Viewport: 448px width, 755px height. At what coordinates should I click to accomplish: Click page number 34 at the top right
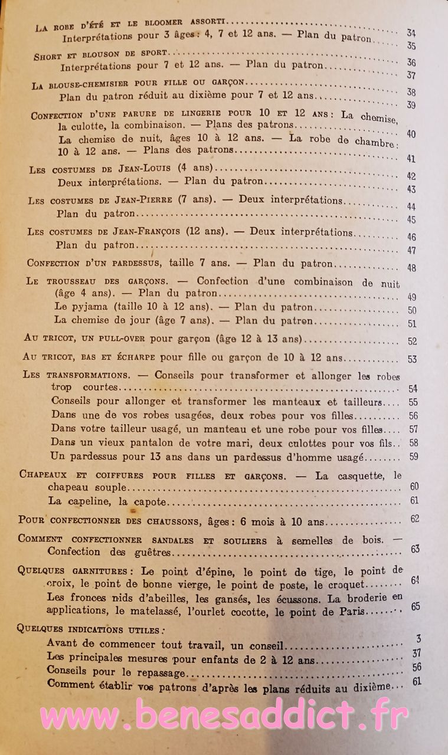click(x=411, y=33)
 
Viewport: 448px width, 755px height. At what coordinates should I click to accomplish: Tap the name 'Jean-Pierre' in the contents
click(x=140, y=200)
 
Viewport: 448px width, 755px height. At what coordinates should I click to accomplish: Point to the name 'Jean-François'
click(x=148, y=232)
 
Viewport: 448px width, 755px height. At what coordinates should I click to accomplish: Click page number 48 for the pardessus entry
click(x=411, y=268)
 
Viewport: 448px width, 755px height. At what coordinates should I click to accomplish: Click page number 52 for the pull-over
click(x=412, y=341)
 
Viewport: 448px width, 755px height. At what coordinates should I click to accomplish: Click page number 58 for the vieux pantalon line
click(x=413, y=442)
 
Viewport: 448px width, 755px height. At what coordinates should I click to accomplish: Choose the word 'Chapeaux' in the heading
click(x=42, y=474)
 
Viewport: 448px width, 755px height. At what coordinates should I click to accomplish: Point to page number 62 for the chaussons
click(x=415, y=519)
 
